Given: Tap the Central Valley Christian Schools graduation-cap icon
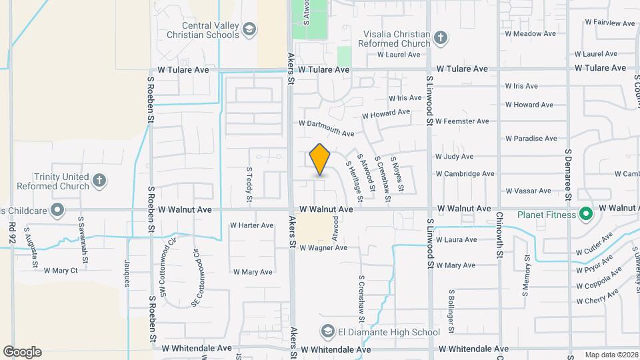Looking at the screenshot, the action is coord(249,29).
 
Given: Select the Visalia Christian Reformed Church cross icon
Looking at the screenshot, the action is coord(439,38).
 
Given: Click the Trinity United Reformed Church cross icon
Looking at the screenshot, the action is coord(99,180).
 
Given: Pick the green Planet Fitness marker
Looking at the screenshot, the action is coord(586,214).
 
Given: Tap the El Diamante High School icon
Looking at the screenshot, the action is coord(327,331).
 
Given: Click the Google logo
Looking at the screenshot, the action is coord(22,352).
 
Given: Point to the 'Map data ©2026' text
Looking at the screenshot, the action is coord(611,355).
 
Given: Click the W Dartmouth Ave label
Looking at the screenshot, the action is coord(327,128).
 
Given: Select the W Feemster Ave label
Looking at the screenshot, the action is coord(463,121).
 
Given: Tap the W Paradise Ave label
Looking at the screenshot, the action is coord(531,139).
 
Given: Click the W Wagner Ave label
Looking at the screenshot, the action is coord(323,248).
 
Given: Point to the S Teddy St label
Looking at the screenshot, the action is coord(249,185).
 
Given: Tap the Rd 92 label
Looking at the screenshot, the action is coord(12,234).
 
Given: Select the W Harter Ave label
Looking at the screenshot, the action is coord(252,226).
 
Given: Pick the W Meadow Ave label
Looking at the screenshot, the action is coord(531,33).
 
